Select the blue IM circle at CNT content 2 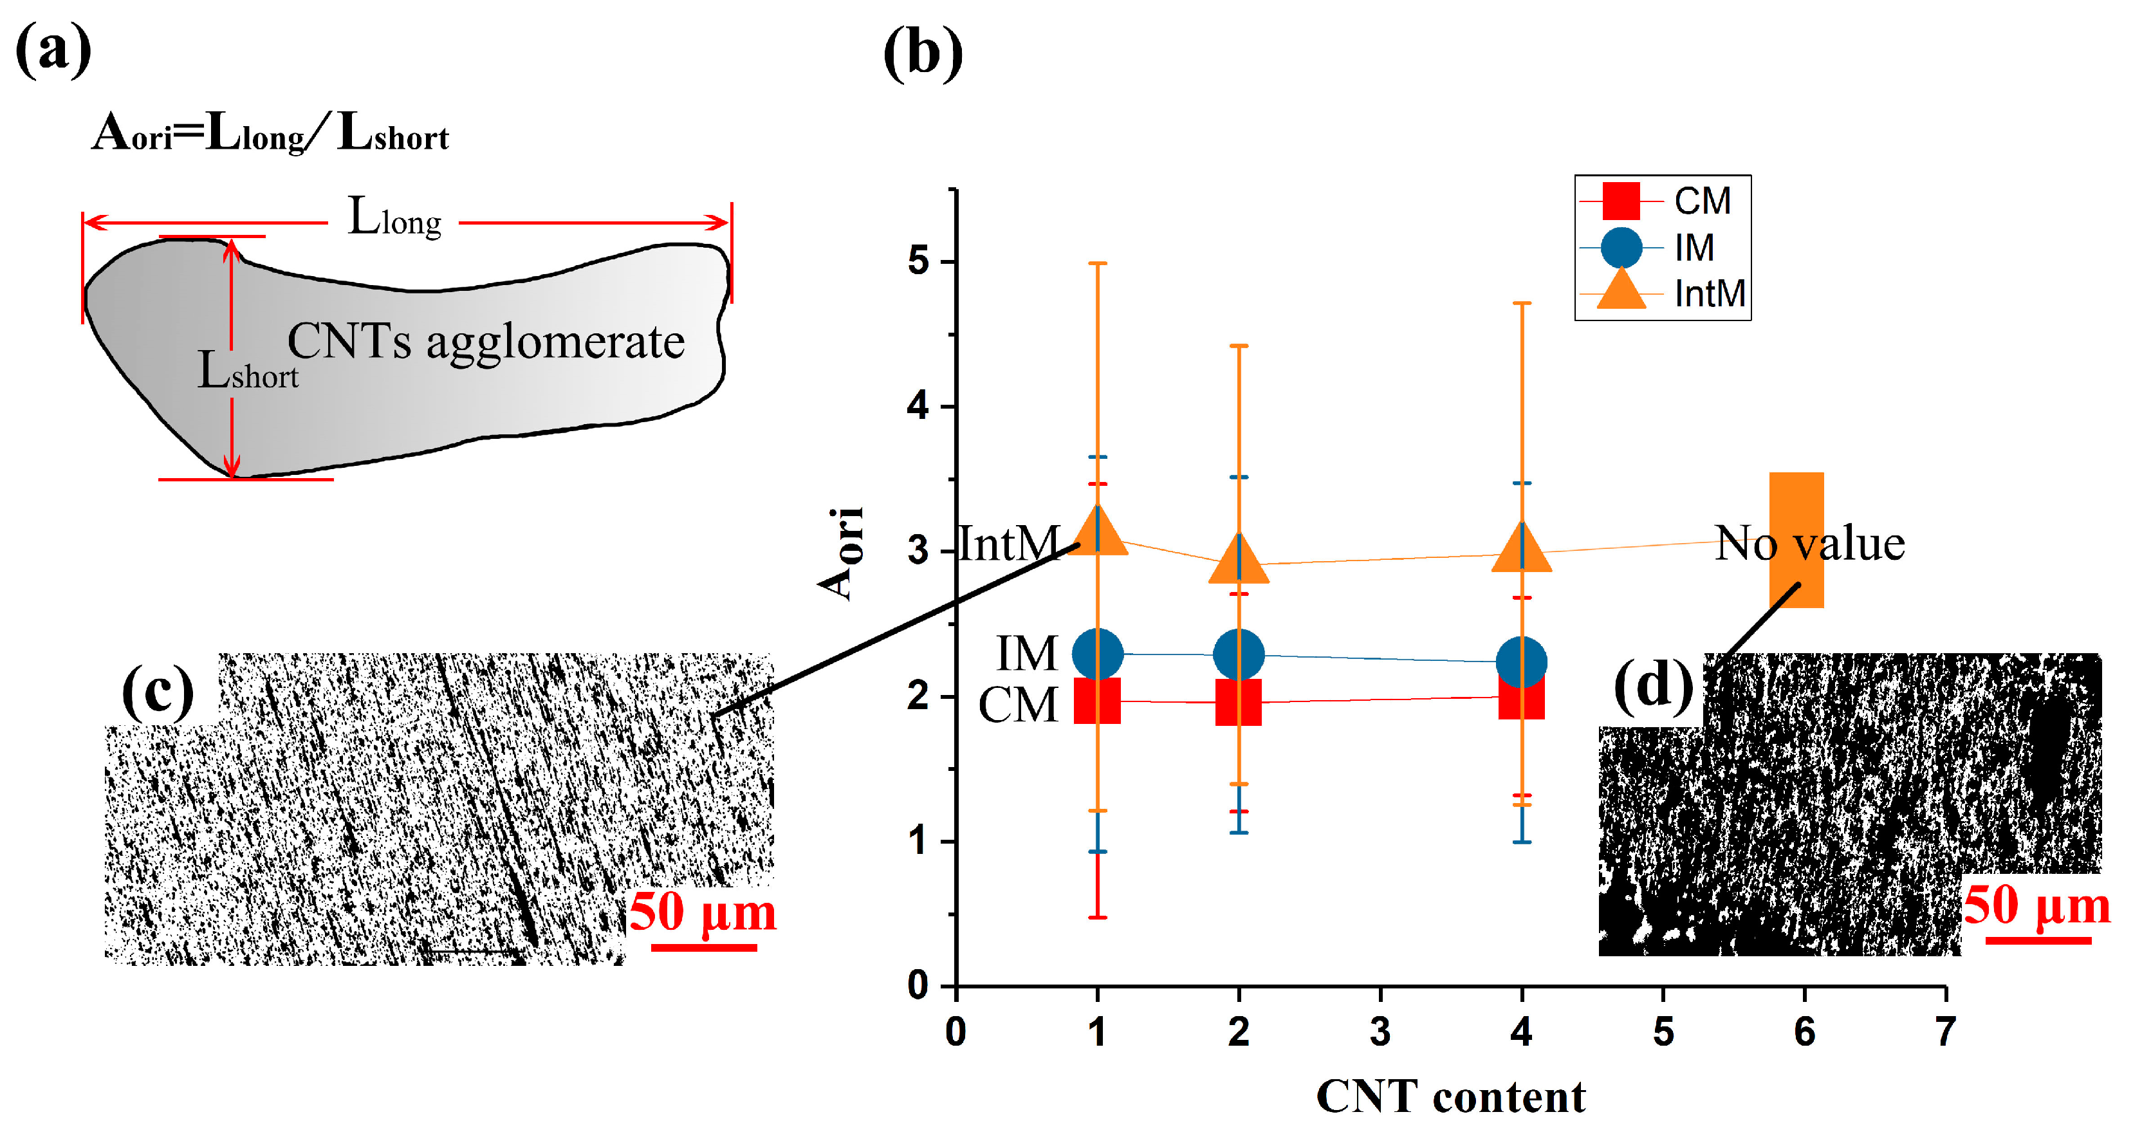click(1239, 654)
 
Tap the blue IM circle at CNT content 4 click(1522, 662)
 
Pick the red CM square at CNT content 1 click(1097, 701)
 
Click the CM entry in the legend click(1702, 201)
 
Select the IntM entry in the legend click(1709, 294)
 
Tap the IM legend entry click(1694, 248)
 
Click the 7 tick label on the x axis click(1946, 1032)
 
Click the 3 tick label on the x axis click(1380, 1032)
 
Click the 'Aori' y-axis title click(841, 553)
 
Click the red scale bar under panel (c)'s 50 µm click(704, 947)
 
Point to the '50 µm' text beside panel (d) click(2037, 905)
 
